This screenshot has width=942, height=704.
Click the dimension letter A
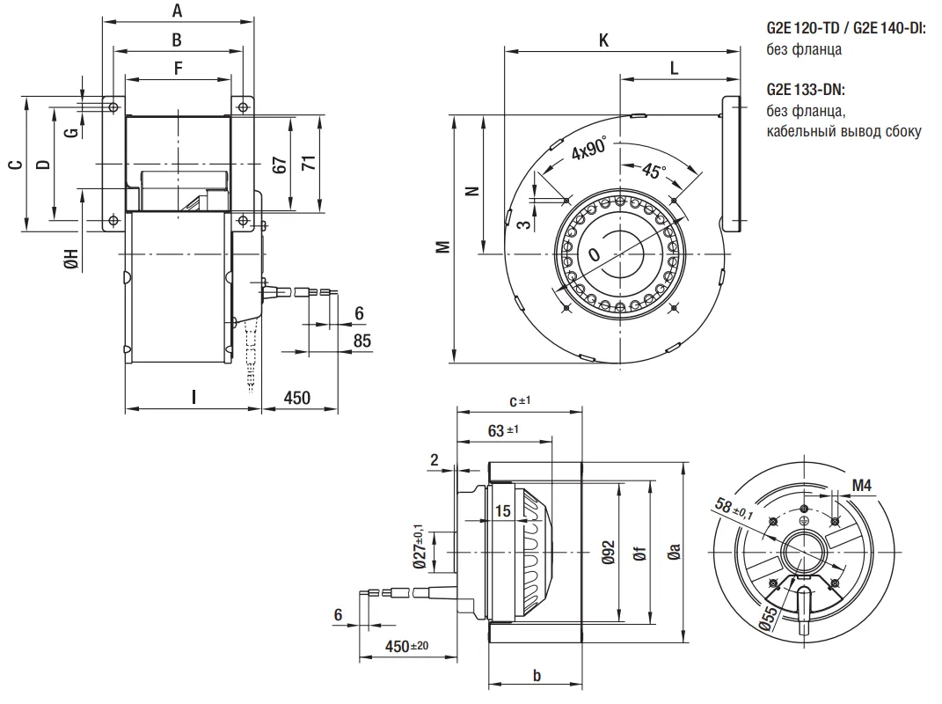(177, 11)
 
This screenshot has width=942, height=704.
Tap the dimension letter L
(674, 67)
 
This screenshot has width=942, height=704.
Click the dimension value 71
(308, 164)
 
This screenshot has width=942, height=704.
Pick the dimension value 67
(280, 164)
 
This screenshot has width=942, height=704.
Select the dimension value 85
(361, 341)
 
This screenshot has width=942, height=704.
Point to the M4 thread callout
(862, 486)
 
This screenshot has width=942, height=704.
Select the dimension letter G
(71, 132)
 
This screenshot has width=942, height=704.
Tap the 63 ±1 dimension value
(502, 430)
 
